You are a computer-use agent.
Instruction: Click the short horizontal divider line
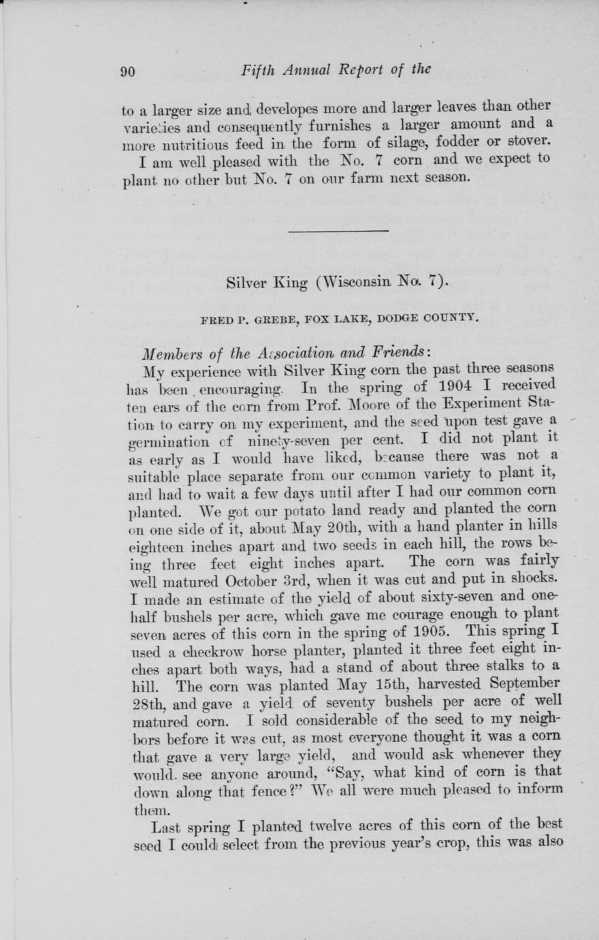338,231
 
